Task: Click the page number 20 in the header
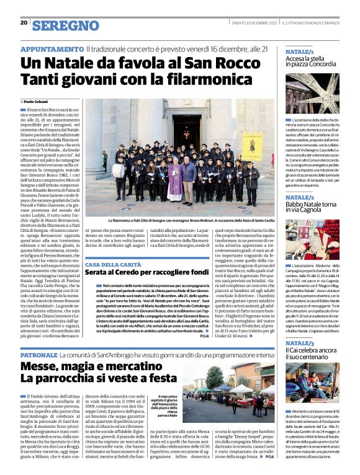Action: (x=23, y=22)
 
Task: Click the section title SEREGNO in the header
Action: (x=65, y=25)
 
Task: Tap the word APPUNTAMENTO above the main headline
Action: (x=52, y=49)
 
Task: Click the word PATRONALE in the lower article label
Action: (x=39, y=356)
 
